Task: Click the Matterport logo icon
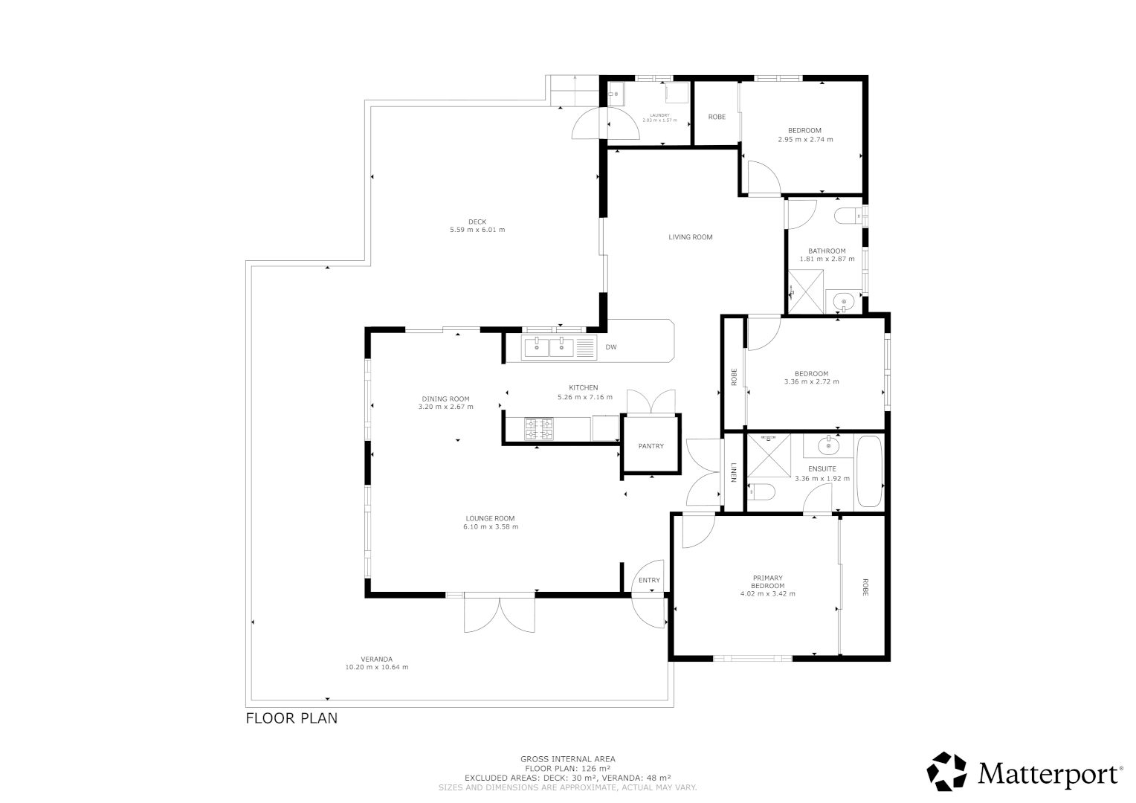[x=946, y=772]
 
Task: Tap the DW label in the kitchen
[x=611, y=347]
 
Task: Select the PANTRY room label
[x=651, y=446]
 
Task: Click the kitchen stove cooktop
[x=539, y=429]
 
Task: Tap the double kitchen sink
[x=549, y=347]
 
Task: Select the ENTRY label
[x=649, y=581]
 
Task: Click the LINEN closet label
[x=733, y=473]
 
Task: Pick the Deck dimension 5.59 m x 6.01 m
[x=477, y=230]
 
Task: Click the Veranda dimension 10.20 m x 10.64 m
[x=377, y=667]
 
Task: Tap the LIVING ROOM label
[x=691, y=237]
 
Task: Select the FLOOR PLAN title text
[x=291, y=718]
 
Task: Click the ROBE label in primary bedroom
[x=865, y=587]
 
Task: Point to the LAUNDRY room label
[x=659, y=115]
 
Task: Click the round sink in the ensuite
[x=828, y=446]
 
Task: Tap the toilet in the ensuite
[x=763, y=491]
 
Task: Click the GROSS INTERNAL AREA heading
[x=568, y=759]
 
